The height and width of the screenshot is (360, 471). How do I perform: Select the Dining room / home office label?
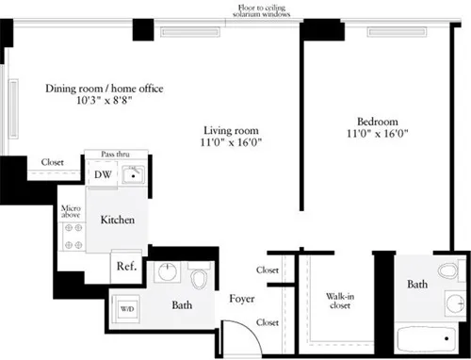pos(105,89)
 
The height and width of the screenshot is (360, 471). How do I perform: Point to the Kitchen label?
pos(118,220)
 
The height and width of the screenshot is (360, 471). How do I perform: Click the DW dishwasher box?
pos(101,173)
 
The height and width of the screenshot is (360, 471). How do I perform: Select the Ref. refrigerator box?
pos(126,266)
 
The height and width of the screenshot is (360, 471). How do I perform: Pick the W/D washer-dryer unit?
pos(127,306)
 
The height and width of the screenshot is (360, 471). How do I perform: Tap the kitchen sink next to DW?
pos(133,173)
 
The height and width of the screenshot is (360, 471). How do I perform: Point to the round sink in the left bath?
pos(168,274)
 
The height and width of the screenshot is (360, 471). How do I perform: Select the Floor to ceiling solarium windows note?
pos(268,12)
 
